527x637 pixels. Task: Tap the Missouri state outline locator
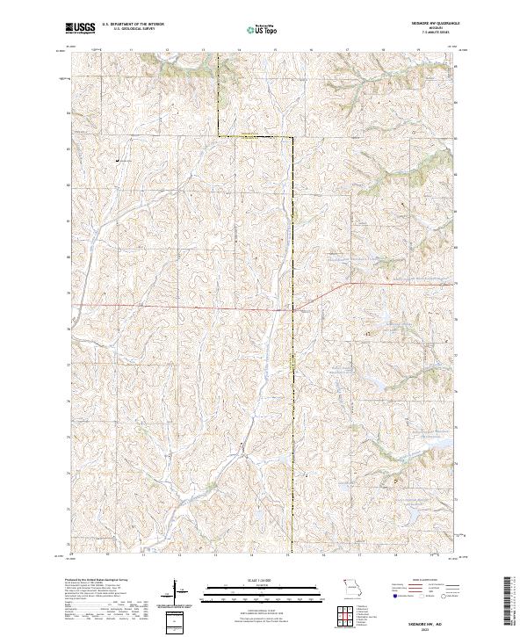click(351, 585)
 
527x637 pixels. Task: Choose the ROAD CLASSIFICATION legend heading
click(423, 581)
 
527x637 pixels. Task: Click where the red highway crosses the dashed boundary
click(292, 309)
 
